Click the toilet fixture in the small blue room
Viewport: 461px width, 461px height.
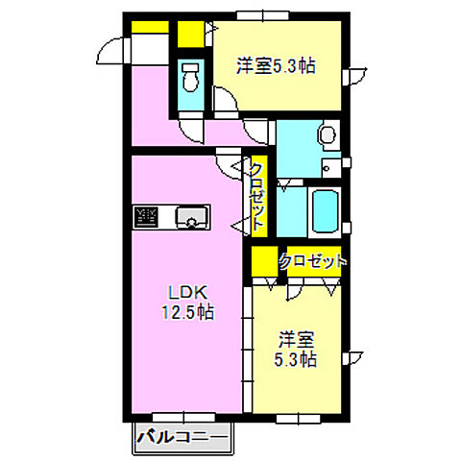point(190,77)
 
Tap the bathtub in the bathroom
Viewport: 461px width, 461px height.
point(325,211)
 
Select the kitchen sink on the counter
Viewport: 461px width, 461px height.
point(192,217)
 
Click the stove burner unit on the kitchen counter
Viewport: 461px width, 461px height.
point(146,217)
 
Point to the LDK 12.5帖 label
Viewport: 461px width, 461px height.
point(187,303)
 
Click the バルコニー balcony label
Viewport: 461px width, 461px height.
point(182,437)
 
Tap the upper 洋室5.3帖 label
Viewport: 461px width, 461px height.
point(276,66)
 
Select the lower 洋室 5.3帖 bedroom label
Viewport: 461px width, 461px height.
point(296,350)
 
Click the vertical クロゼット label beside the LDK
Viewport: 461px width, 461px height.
point(257,196)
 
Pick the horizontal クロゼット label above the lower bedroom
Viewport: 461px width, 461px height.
point(313,261)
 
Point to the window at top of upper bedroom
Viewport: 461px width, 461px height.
point(263,15)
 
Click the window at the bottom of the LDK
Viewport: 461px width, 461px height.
point(183,417)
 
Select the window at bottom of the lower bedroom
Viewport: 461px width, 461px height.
point(298,419)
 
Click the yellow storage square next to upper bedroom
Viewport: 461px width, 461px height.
point(191,34)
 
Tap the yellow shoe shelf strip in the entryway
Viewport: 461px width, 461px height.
point(150,27)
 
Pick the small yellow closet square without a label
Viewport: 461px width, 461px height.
point(264,261)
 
